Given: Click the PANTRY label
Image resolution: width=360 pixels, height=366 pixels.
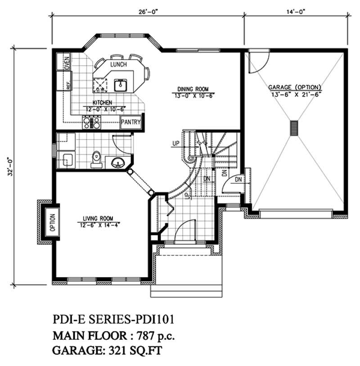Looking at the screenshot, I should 131,122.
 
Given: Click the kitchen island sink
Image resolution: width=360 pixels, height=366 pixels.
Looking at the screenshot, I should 120,84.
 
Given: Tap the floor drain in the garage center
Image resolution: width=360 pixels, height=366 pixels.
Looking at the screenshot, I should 294,127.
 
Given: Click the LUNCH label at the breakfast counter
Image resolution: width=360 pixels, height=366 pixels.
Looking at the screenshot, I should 119,65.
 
